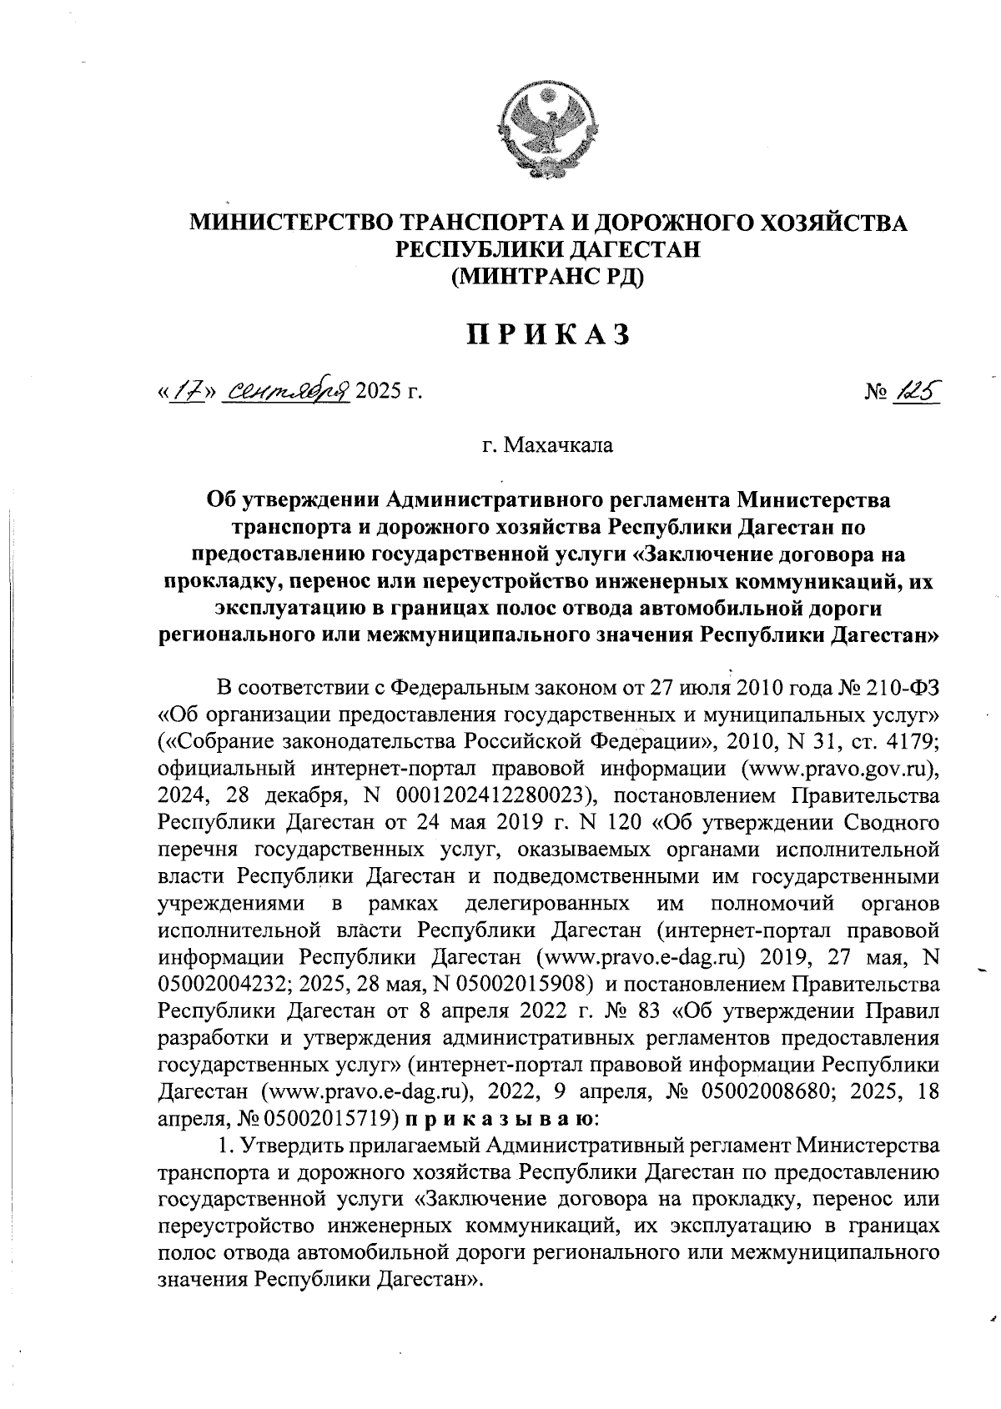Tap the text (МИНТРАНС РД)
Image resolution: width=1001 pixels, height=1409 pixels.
547,275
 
